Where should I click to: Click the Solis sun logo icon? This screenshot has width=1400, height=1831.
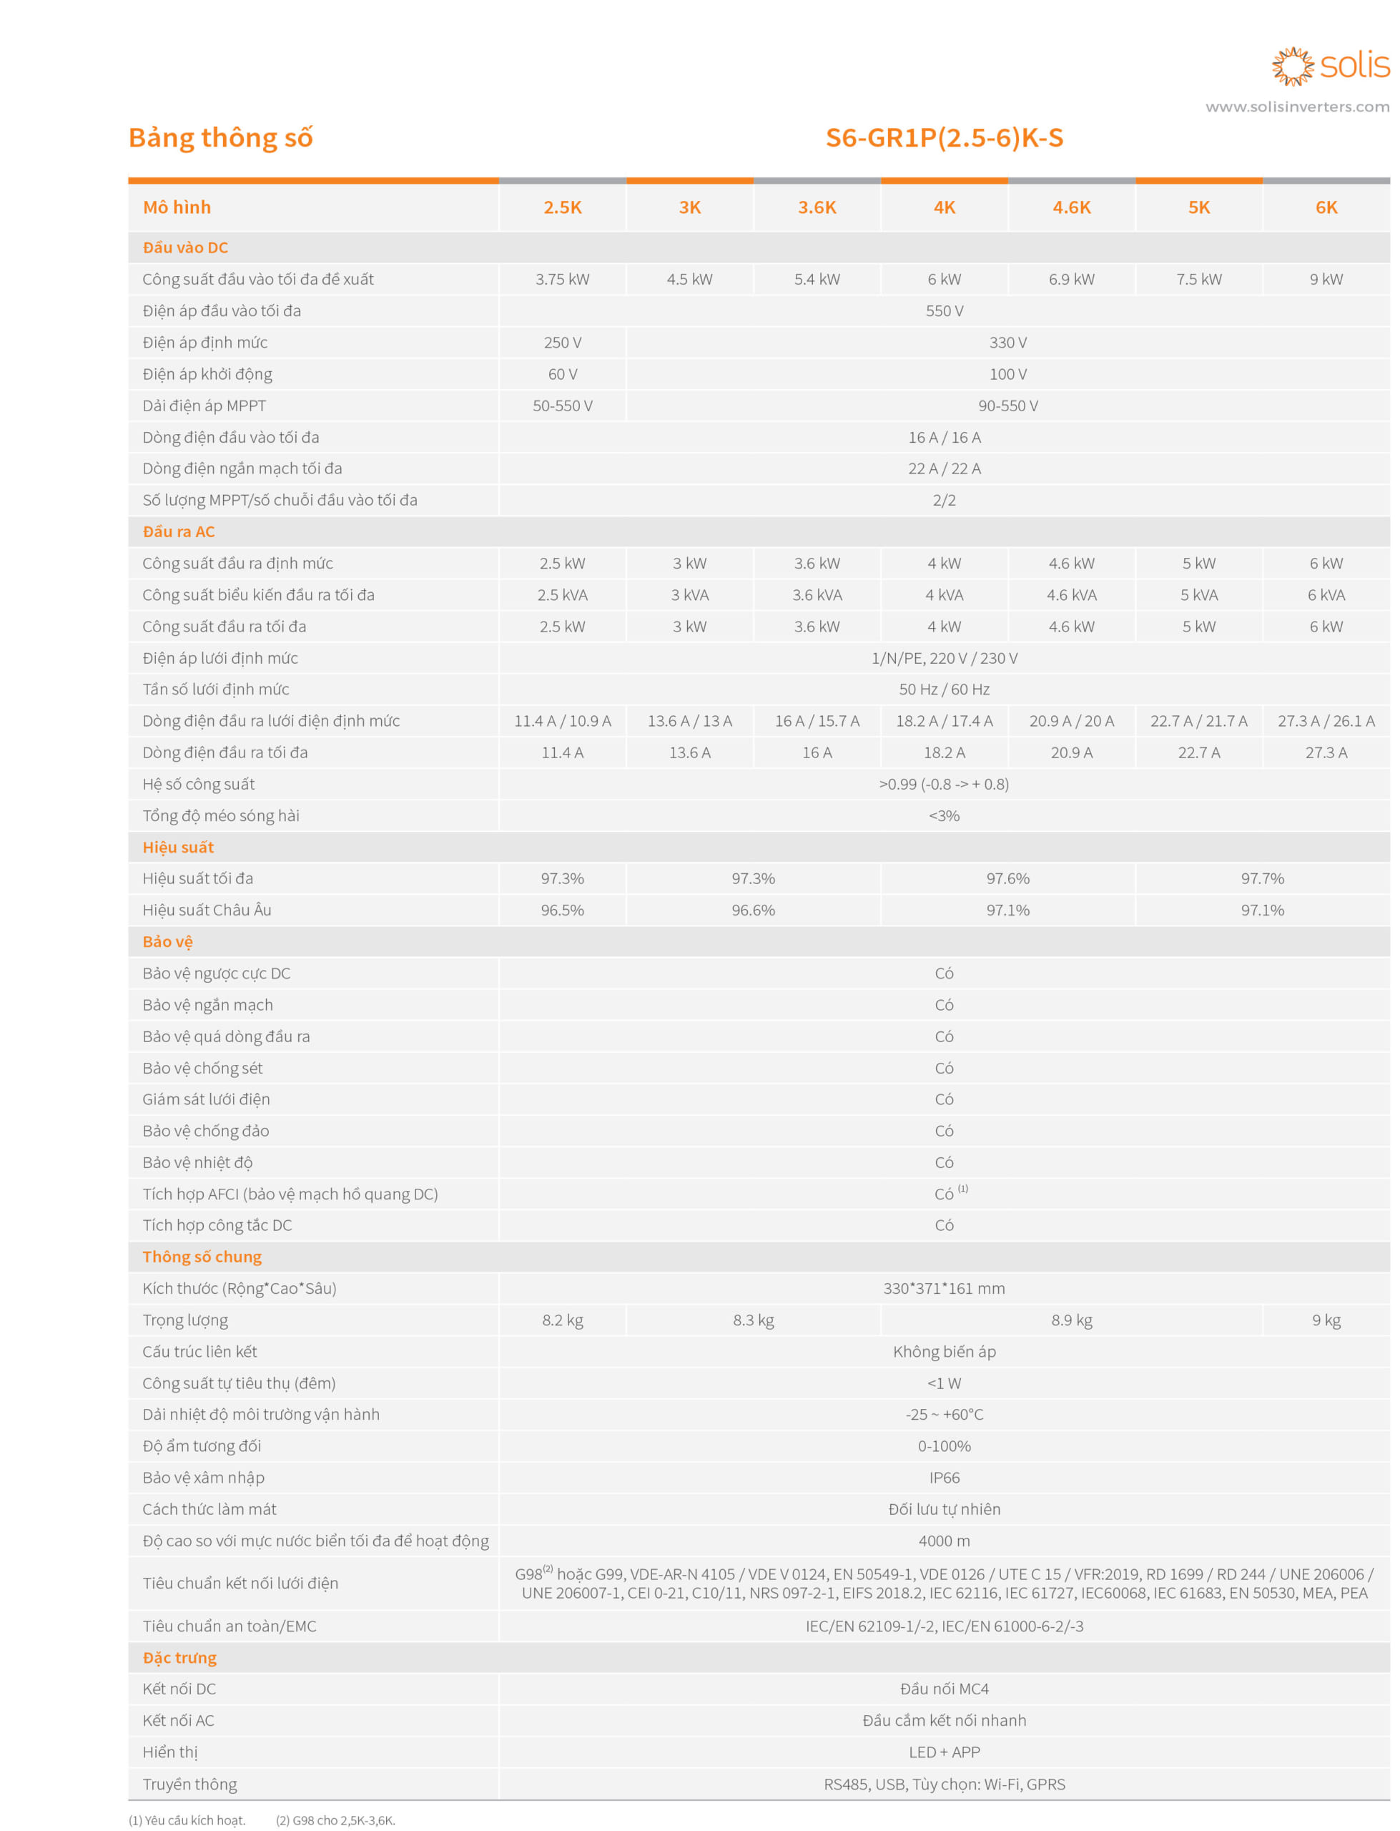[x=1291, y=66]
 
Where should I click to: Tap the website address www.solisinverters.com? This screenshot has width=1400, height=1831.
[x=1296, y=107]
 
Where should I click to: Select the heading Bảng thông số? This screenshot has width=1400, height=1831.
[x=221, y=137]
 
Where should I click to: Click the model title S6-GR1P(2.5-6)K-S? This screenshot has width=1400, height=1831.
[x=944, y=137]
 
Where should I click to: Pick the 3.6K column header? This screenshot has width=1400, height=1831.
[x=817, y=207]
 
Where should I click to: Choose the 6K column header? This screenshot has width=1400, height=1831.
[x=1326, y=207]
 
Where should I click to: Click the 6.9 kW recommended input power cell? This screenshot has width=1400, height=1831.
[x=1072, y=279]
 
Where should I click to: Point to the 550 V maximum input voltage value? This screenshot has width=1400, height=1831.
[x=944, y=311]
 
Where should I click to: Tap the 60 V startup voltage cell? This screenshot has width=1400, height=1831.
[x=563, y=374]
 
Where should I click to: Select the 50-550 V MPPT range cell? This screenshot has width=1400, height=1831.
[x=563, y=406]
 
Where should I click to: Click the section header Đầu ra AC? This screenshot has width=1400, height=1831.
[x=178, y=531]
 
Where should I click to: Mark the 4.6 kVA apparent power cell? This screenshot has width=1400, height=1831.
[x=1072, y=595]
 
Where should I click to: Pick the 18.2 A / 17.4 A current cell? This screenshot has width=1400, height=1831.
[x=944, y=721]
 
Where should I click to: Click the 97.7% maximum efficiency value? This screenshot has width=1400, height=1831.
[x=1262, y=878]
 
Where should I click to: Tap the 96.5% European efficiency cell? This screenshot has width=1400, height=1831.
[x=563, y=910]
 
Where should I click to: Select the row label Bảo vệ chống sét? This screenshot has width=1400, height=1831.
[x=202, y=1068]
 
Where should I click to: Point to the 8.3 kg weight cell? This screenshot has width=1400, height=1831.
[x=754, y=1320]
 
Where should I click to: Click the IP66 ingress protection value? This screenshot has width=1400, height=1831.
[x=944, y=1478]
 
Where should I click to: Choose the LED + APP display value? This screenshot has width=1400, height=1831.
[x=944, y=1752]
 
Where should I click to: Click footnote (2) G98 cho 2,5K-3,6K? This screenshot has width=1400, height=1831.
[x=336, y=1820]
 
